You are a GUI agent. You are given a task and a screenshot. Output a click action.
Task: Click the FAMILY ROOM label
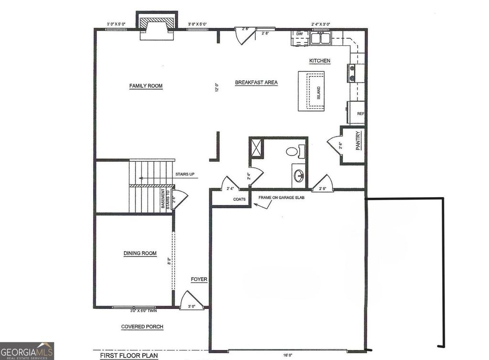click(146, 86)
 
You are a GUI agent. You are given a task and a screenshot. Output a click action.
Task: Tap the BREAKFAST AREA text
click(256, 83)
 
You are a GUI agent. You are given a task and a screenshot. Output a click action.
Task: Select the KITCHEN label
click(319, 61)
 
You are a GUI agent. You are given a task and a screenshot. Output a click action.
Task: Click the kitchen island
click(311, 91)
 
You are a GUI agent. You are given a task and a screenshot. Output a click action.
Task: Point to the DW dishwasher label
click(299, 34)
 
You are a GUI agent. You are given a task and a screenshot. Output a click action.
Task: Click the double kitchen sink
click(320, 38)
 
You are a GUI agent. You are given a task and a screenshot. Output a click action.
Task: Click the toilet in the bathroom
click(292, 152)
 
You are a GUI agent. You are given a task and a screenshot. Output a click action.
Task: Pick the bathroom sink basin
click(299, 176)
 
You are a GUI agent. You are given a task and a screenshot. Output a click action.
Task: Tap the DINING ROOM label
click(140, 254)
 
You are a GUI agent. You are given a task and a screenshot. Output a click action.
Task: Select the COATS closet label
click(239, 200)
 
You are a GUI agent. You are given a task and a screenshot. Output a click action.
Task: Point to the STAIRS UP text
click(185, 174)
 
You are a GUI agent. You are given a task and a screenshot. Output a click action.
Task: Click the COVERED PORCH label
click(142, 327)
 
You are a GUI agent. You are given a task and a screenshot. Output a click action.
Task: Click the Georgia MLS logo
click(27, 351)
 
